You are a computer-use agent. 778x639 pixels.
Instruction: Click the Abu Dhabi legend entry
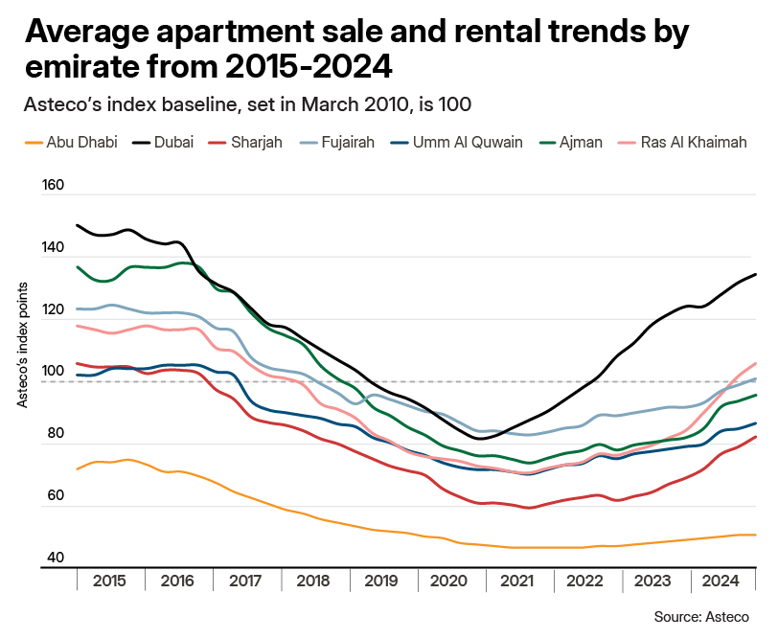pos(82,143)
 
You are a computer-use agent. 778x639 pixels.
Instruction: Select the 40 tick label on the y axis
pos(56,559)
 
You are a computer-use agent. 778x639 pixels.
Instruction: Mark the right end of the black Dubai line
pos(756,275)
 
